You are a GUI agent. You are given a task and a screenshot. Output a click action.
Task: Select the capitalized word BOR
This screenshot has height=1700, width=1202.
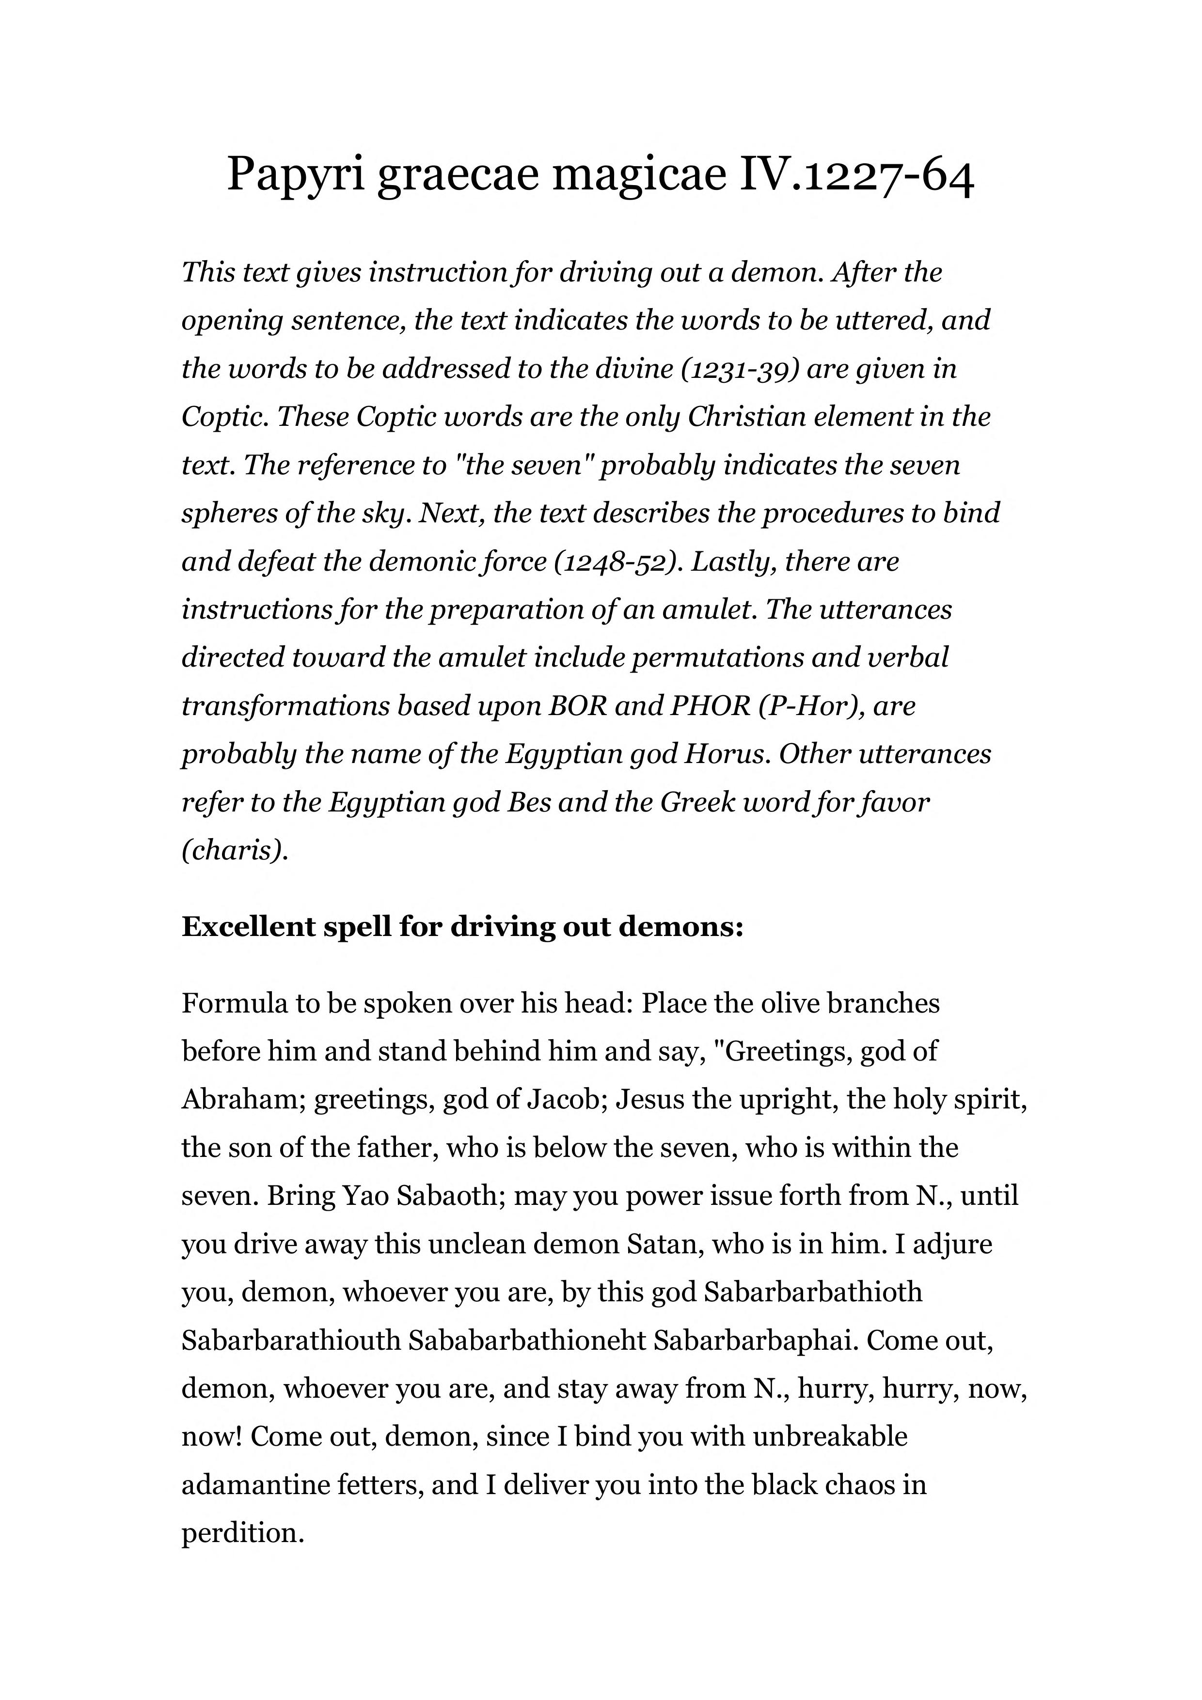[576, 705]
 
